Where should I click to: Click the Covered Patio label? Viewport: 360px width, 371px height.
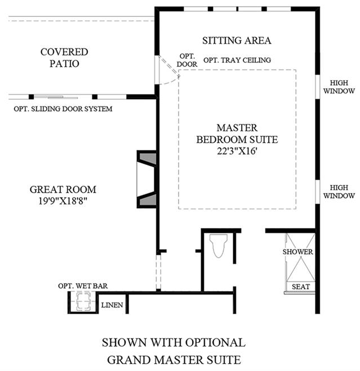pos(64,58)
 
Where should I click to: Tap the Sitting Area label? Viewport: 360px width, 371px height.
pos(237,41)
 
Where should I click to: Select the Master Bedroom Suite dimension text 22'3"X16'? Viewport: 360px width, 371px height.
pos(237,151)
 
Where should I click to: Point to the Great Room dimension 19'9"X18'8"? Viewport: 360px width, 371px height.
pos(63,201)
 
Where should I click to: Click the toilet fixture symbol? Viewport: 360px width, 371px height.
pos(219,245)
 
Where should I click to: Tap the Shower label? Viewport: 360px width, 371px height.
pos(297,252)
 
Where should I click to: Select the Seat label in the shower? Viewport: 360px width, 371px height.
pos(301,287)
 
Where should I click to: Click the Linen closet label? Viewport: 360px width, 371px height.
pos(112,305)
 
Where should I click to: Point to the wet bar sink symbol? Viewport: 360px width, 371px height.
pos(83,301)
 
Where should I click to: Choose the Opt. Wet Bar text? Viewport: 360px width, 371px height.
pos(83,286)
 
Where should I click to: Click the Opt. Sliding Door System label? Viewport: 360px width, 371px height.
pos(63,109)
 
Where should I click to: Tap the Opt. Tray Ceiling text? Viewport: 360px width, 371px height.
pos(237,60)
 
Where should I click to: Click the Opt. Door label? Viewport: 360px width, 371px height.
pos(187,60)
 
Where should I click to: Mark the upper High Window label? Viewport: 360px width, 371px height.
pos(339,87)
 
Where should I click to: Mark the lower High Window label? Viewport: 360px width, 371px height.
pos(339,191)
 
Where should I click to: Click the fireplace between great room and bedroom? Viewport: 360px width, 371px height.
pos(147,179)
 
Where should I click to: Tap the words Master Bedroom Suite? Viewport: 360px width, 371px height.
pos(237,133)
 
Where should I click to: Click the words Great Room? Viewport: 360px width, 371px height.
pos(63,190)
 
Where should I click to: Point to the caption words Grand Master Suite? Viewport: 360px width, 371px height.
pos(174,360)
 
